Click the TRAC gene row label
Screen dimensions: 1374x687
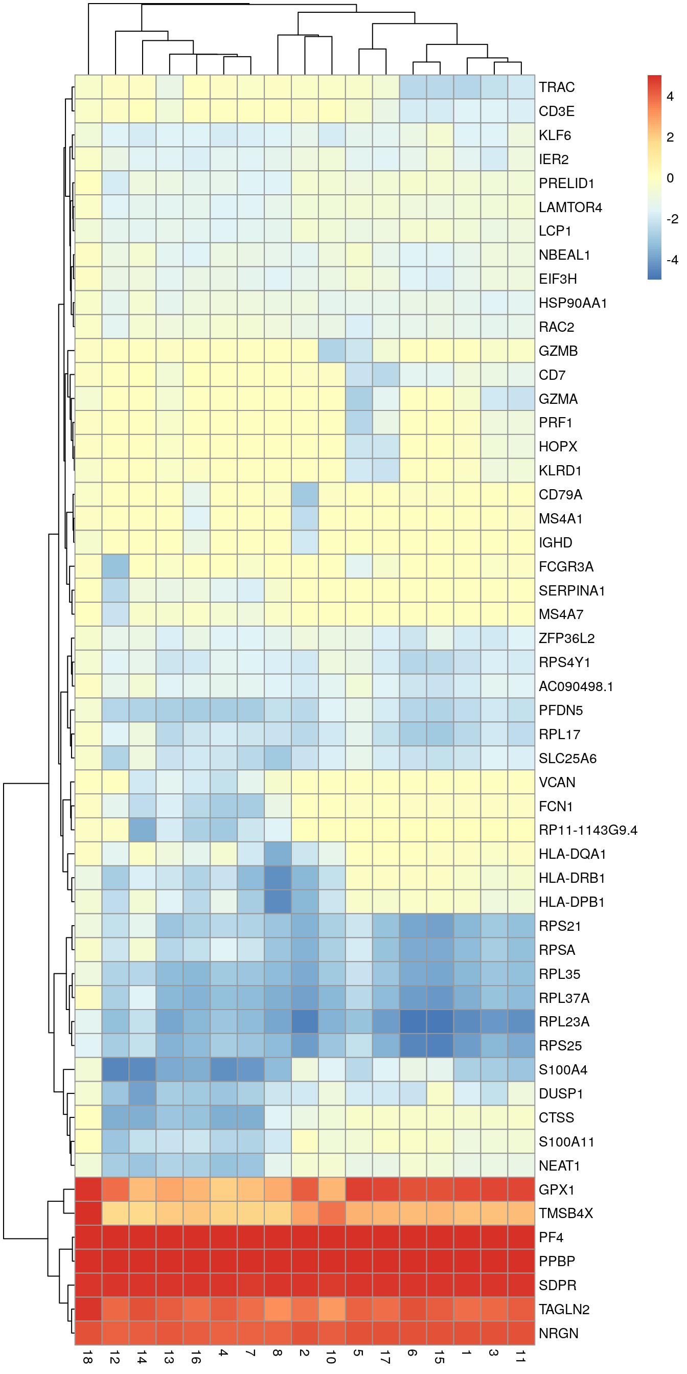coord(556,87)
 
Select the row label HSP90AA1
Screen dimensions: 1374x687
coord(572,303)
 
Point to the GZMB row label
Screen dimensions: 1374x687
coord(558,351)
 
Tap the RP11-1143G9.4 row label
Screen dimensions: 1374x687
coord(588,831)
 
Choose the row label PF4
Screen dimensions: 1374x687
coord(551,1238)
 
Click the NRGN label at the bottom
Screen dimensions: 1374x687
coord(558,1334)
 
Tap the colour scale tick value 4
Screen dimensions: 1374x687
coord(670,97)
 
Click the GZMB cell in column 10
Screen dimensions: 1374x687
coord(332,351)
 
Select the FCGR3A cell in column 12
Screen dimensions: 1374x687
coord(115,566)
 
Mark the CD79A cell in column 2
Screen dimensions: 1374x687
coord(305,494)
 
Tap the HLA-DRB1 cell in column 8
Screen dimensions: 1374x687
coord(278,878)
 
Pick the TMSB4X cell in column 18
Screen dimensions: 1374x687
coord(88,1213)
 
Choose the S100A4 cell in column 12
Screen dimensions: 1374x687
coord(115,1069)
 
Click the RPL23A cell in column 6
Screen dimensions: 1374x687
coord(413,1021)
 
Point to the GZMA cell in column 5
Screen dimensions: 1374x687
coord(358,399)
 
